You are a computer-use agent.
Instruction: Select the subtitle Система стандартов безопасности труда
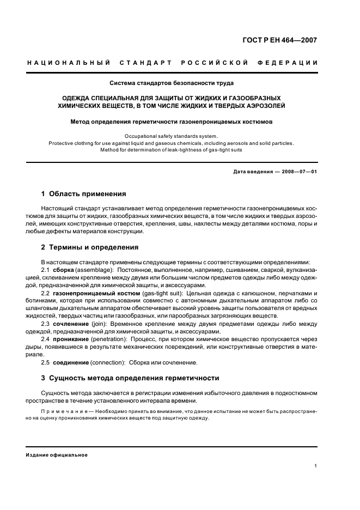(x=172, y=83)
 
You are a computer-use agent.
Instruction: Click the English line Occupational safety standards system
(x=171, y=136)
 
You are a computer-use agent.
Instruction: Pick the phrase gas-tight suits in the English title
(x=224, y=150)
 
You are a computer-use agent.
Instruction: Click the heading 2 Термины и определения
(x=90, y=247)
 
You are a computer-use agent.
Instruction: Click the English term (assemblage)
(x=95, y=270)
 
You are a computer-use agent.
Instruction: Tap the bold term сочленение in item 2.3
(x=70, y=324)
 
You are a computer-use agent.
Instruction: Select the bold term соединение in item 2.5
(x=70, y=362)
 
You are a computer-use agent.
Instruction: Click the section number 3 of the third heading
(x=44, y=378)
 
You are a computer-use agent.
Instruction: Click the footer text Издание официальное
(x=57, y=455)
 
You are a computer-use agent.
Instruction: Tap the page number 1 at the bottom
(x=316, y=466)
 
